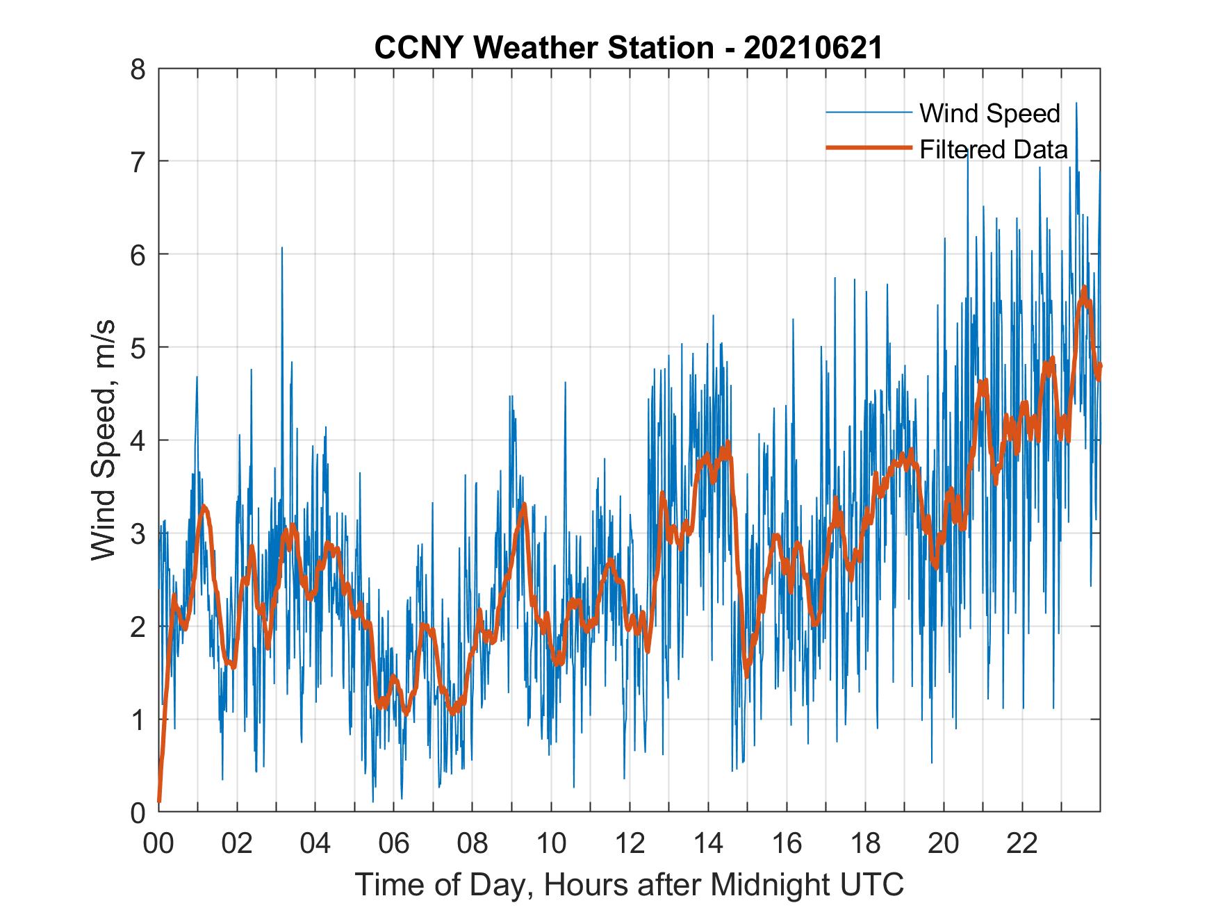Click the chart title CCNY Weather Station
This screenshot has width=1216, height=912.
click(x=628, y=48)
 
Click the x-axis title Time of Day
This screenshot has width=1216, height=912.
click(x=630, y=884)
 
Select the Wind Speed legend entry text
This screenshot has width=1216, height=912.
click(x=989, y=113)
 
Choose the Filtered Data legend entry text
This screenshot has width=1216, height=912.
click(x=994, y=149)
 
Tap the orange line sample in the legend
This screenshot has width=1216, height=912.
click(x=869, y=148)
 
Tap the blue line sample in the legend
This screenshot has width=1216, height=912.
click(x=869, y=113)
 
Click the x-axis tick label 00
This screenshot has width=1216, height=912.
click(x=158, y=844)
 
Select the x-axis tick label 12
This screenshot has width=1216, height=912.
click(x=630, y=844)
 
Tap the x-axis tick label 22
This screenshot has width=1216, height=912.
click(x=1022, y=844)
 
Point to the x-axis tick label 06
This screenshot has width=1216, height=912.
click(x=394, y=844)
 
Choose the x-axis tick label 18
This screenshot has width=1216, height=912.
click(x=865, y=844)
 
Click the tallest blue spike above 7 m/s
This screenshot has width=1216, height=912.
click(x=1076, y=104)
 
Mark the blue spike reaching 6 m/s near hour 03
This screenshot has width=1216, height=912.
click(x=282, y=249)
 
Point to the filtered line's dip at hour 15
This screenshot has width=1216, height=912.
click(x=747, y=675)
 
